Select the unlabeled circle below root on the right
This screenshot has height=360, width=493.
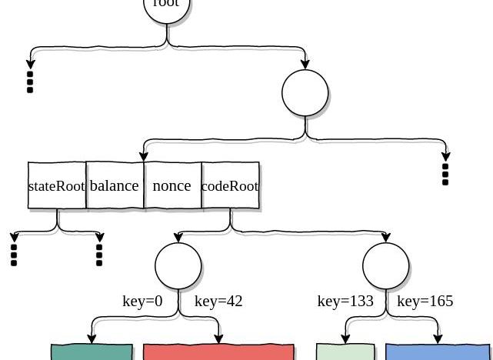[305, 93]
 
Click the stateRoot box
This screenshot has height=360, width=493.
[57, 185]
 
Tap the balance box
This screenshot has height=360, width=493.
[115, 185]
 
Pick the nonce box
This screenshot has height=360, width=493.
[172, 185]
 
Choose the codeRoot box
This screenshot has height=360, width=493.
[230, 185]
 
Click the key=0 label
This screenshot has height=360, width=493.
[142, 301]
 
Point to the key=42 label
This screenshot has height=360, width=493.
[218, 301]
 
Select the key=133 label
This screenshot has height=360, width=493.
[345, 301]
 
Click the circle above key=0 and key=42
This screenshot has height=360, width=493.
[178, 266]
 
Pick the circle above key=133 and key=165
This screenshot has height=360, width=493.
[386, 266]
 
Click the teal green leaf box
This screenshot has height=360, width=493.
[92, 352]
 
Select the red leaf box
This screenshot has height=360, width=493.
[218, 352]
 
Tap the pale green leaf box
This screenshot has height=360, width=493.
[345, 352]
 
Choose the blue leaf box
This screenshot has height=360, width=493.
[437, 352]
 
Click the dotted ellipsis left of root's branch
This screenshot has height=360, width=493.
[30, 82]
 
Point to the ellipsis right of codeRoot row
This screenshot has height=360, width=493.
[445, 174]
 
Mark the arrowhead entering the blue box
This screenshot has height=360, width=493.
[438, 339]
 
